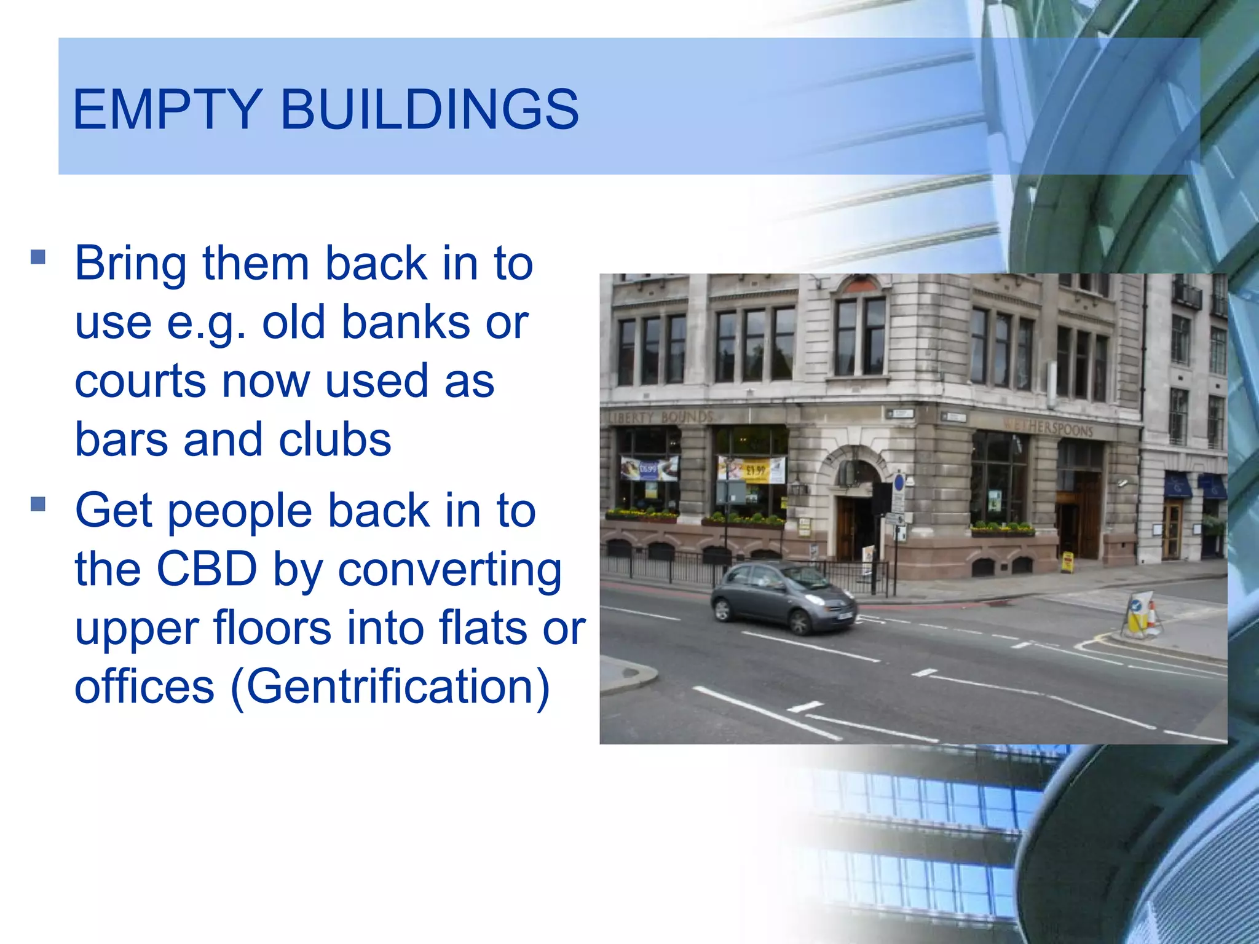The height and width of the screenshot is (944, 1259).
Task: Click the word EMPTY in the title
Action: click(167, 109)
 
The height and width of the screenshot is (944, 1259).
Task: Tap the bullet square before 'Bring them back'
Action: click(38, 256)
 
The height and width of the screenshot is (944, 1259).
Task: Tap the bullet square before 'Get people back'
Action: click(38, 505)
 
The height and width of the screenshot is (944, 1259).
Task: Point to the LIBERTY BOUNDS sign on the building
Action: click(660, 417)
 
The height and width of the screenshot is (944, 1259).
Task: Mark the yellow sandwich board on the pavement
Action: click(1068, 561)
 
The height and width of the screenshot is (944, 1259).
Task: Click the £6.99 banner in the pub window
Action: click(649, 468)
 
